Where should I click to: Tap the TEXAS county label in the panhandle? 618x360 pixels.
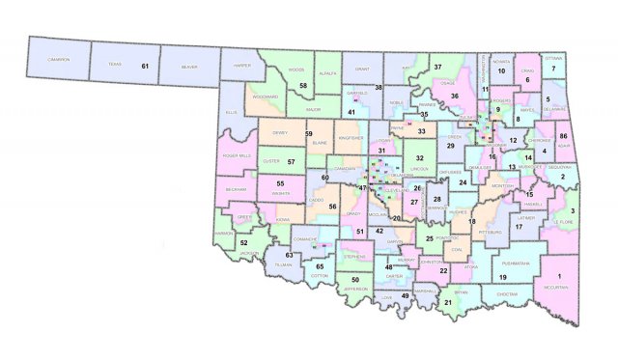coord(116,65)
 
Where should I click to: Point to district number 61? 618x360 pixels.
coord(146,66)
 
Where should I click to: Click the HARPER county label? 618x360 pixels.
coord(241,67)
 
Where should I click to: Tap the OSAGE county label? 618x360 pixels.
coord(446,84)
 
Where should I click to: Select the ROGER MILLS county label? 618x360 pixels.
coord(237,155)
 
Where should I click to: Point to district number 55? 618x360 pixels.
coord(281,182)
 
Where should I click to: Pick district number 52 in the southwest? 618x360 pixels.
coord(243,242)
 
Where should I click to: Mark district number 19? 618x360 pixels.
coord(503,277)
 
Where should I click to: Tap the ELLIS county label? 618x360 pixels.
coord(232,112)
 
